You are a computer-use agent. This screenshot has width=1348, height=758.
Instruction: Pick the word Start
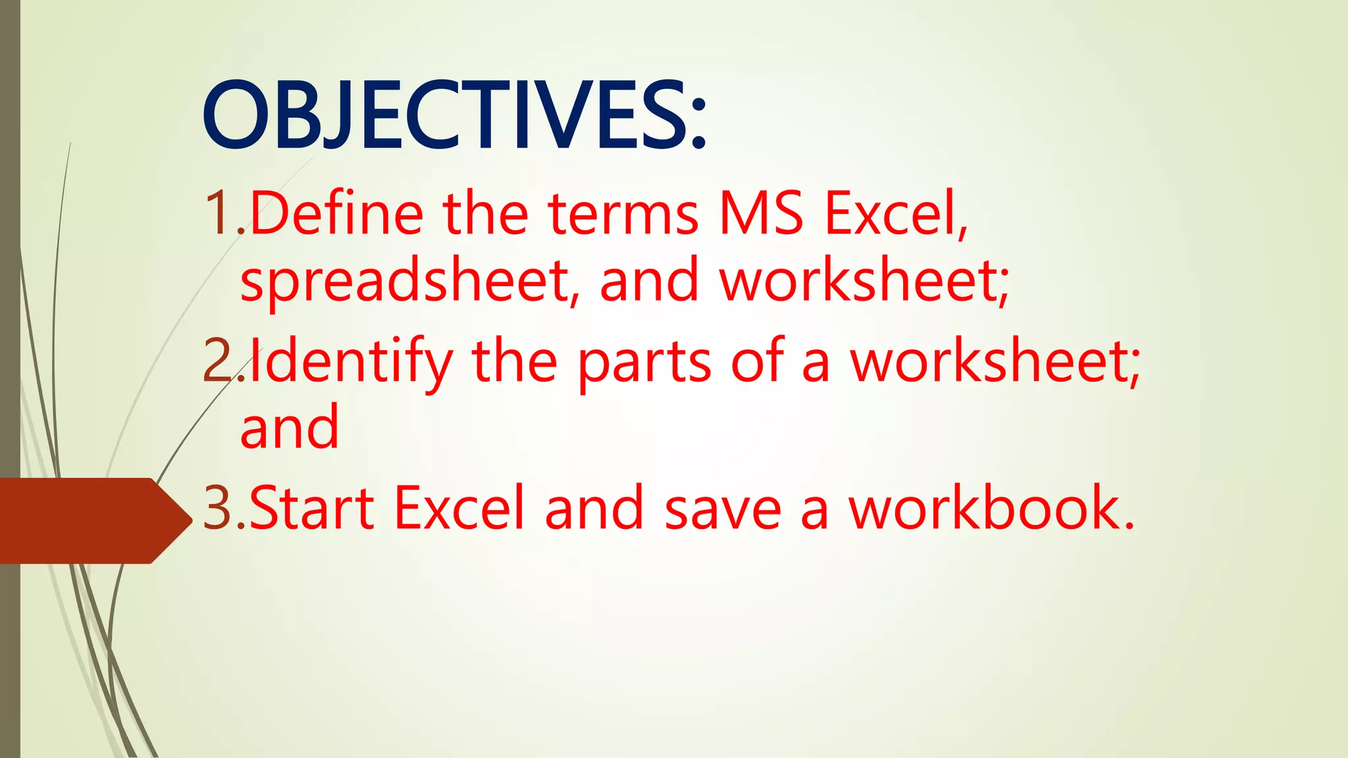[312, 507]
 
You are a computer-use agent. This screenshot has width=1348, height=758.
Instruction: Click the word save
[723, 507]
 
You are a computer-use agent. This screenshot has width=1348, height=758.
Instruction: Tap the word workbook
[991, 507]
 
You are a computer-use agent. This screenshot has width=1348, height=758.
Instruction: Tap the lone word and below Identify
[290, 428]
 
